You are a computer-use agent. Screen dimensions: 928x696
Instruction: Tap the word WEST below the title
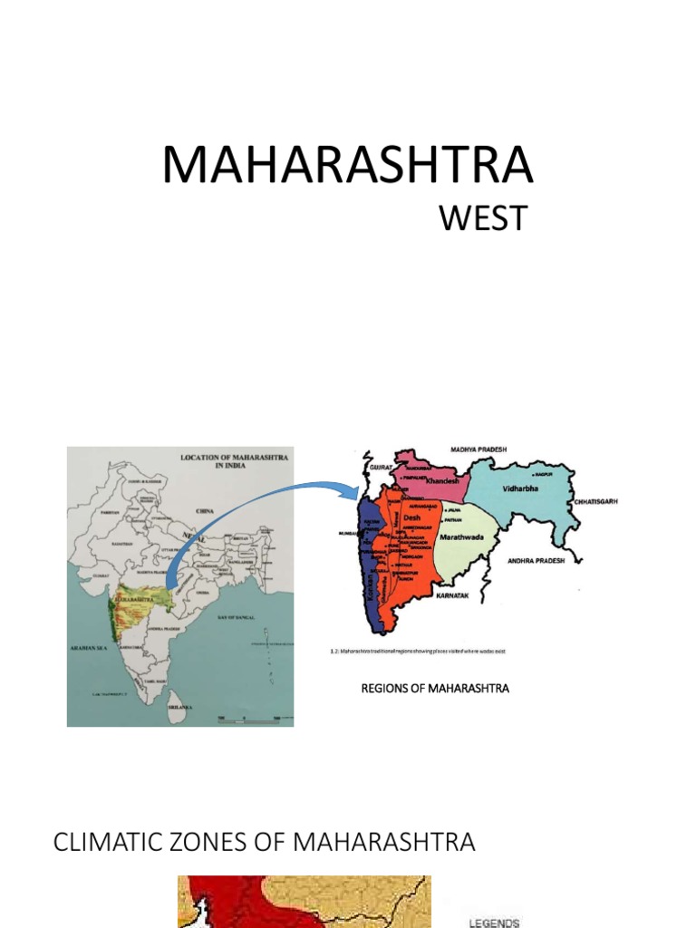coord(482,219)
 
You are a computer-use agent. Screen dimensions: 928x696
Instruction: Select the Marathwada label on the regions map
coord(463,536)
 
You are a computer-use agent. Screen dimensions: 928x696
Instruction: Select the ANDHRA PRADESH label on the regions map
coord(535,561)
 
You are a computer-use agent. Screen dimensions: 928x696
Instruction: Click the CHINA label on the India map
coord(205,511)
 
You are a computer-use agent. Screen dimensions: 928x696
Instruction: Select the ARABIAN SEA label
coord(90,649)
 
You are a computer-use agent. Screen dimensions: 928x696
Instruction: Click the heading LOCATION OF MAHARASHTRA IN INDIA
coord(235,462)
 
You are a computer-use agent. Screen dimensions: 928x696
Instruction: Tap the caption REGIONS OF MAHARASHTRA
coord(435,689)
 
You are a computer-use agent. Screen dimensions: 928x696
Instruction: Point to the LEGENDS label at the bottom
coord(495,923)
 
